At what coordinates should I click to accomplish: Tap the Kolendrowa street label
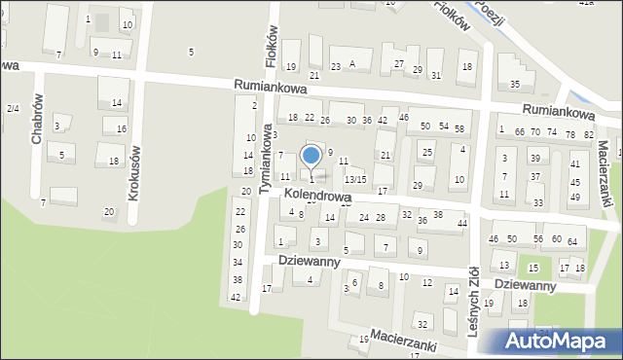[x=318, y=196]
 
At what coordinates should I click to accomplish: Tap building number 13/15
[x=354, y=179]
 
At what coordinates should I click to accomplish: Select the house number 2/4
[x=13, y=107]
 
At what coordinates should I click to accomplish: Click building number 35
[x=514, y=84]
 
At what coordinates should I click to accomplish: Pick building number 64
[x=571, y=240]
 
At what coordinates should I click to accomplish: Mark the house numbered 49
[x=573, y=198]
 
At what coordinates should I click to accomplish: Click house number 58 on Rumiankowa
[x=458, y=127]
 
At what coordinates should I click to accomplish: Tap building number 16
[x=121, y=128]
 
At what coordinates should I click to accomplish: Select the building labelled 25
[x=426, y=152]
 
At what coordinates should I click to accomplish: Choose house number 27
[x=398, y=63]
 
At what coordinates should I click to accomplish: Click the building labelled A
[x=352, y=64]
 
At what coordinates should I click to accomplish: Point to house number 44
[x=461, y=223]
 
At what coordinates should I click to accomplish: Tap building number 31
[x=435, y=75]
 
